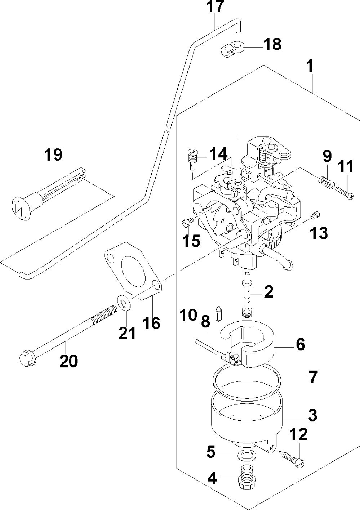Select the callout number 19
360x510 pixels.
[x=53, y=155]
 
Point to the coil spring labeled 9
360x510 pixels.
[x=326, y=183]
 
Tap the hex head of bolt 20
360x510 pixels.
[x=27, y=360]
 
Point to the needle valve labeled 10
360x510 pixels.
[x=218, y=313]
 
